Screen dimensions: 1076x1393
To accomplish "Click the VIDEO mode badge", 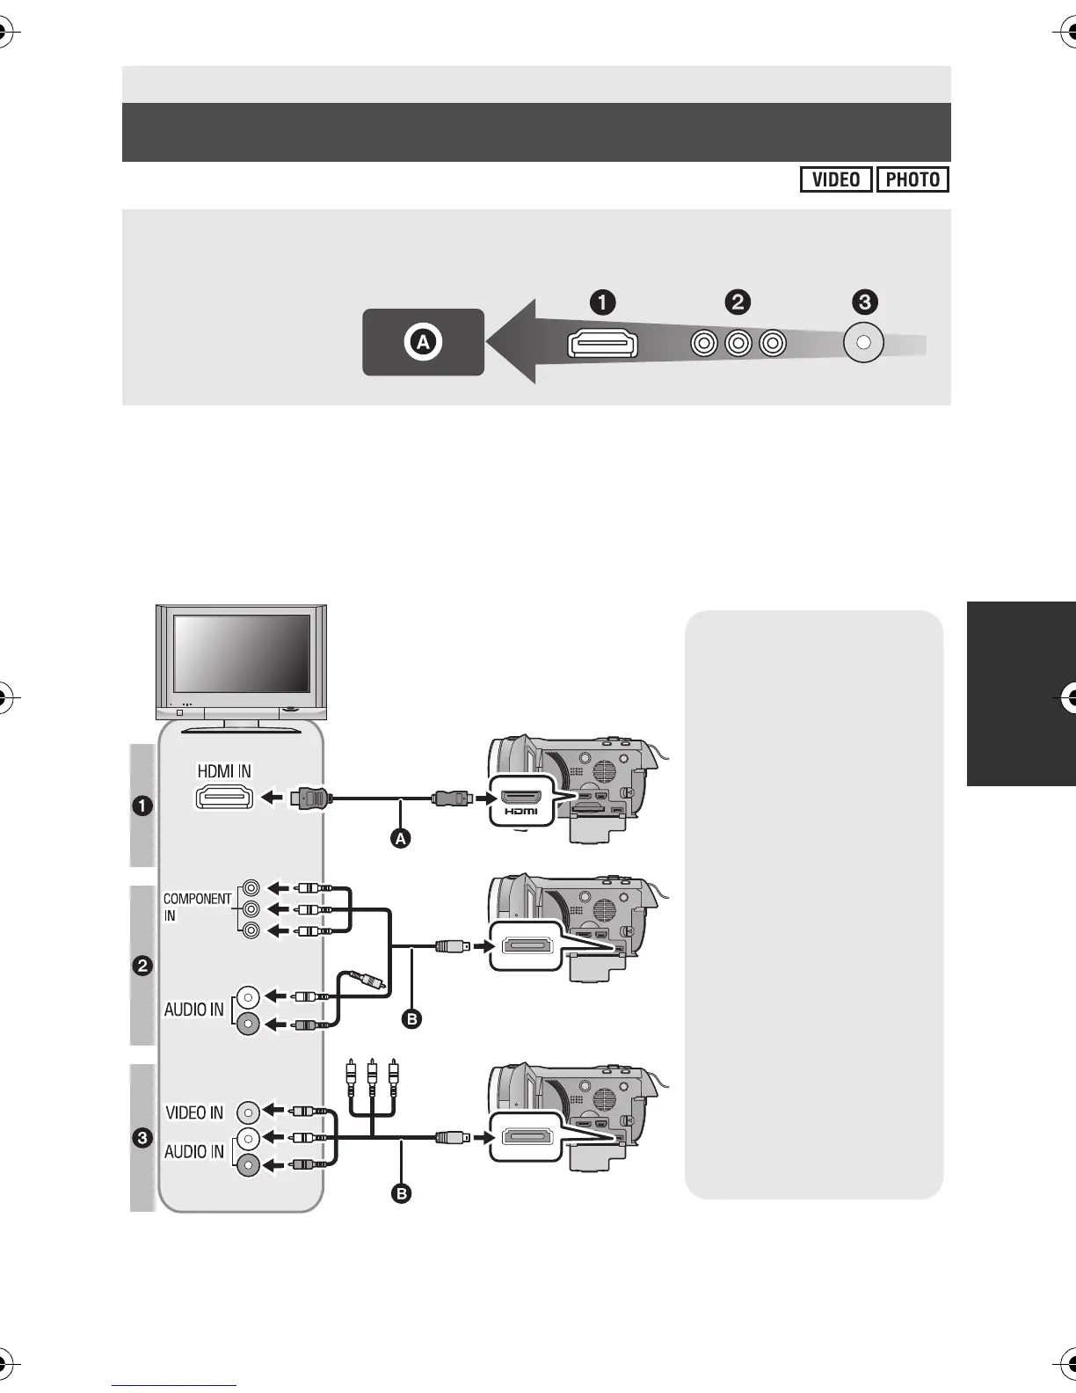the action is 835,179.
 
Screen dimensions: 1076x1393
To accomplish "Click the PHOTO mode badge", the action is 912,179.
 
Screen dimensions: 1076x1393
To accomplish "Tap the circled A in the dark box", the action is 423,342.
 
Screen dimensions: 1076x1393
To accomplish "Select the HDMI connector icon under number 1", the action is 603,343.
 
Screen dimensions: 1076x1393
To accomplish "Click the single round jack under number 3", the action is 863,343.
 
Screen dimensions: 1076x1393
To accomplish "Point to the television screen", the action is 242,653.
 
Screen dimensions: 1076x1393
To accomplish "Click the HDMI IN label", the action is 224,771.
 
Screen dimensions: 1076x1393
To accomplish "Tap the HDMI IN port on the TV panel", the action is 224,798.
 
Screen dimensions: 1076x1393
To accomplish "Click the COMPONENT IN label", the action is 197,907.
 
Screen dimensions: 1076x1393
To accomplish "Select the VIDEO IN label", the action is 194,1112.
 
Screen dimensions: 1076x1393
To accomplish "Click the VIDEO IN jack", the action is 249,1112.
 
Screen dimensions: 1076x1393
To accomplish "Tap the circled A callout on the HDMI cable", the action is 401,839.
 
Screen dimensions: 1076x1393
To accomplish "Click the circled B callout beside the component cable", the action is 411,1019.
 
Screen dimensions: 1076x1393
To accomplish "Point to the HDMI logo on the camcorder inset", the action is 521,811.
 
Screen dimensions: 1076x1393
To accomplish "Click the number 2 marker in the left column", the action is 142,966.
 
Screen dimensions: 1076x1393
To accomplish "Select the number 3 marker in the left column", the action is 142,1139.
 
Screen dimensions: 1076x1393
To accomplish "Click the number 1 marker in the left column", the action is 142,806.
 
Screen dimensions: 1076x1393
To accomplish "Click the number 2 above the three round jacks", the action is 737,303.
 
